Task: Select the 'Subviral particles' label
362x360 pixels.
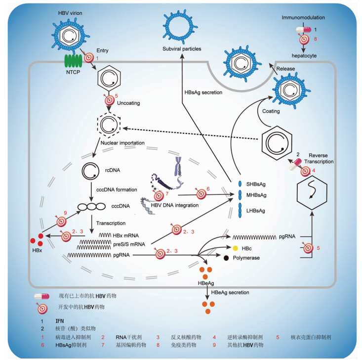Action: click(x=182, y=49)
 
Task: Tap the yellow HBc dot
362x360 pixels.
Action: click(x=222, y=247)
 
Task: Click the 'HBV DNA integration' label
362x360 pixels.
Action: click(x=176, y=205)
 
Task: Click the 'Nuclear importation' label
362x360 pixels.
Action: click(x=122, y=144)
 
